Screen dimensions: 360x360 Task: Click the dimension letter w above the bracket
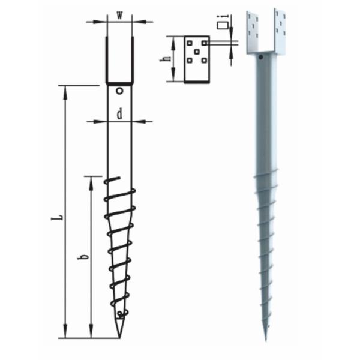click(x=119, y=15)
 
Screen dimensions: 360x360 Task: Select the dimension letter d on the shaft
click(x=120, y=113)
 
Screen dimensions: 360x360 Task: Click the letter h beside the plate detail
click(x=167, y=59)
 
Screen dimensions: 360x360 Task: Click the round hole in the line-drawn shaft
click(x=120, y=91)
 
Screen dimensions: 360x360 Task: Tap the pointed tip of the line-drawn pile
click(x=121, y=336)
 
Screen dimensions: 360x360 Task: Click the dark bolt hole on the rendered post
click(x=262, y=58)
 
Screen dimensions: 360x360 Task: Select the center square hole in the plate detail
click(x=197, y=52)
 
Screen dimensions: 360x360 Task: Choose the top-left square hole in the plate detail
click(x=190, y=43)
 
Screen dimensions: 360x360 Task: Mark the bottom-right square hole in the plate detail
click(x=205, y=60)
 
